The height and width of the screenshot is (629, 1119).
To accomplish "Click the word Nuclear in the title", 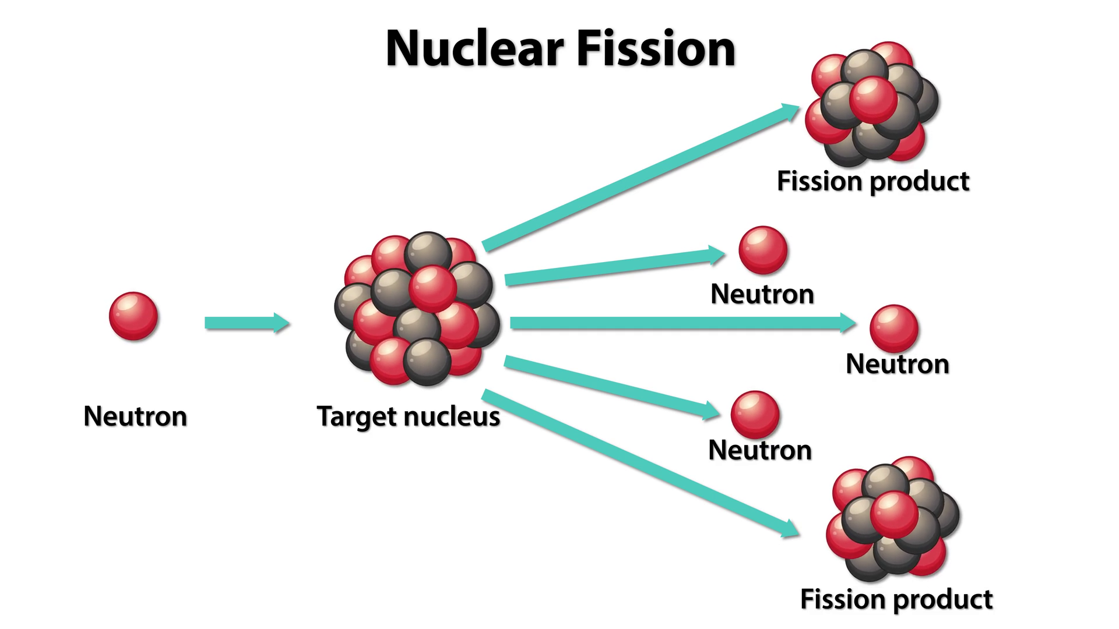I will click(x=474, y=49).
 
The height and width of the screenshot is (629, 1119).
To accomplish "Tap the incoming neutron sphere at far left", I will click(x=133, y=316).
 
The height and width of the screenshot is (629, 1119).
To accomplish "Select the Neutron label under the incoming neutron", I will click(x=135, y=416).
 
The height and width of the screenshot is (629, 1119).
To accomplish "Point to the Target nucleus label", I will click(x=408, y=416).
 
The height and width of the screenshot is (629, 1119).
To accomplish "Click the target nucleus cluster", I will click(x=417, y=309).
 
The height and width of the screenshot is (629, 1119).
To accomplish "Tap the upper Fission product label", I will click(x=872, y=181).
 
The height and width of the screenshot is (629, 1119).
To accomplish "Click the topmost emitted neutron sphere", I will click(x=763, y=250).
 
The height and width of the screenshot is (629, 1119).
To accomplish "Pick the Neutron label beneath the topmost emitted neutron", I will click(x=762, y=294).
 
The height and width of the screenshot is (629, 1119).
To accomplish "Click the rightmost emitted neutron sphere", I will click(x=894, y=328).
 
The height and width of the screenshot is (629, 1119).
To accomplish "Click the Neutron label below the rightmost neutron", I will click(x=897, y=364).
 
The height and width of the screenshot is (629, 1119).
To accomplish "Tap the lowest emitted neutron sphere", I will click(x=755, y=415).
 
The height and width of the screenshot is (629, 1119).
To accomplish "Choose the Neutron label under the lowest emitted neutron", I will click(x=759, y=450).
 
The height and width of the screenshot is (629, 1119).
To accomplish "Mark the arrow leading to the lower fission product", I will click(x=641, y=463).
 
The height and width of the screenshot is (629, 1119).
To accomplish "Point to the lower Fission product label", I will click(x=896, y=599).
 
